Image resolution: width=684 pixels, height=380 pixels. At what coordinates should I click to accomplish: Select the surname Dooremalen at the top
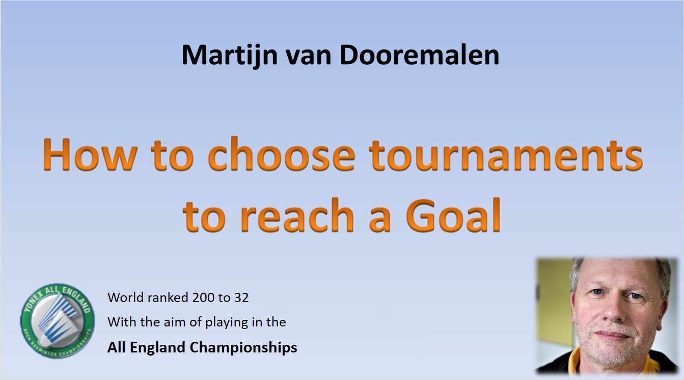pyautogui.click(x=419, y=55)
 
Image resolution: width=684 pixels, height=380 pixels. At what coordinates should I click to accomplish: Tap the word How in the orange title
pyautogui.click(x=90, y=155)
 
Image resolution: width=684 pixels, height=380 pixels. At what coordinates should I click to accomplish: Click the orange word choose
pyautogui.click(x=281, y=154)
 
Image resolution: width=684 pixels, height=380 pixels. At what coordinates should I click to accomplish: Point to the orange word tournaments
pyautogui.click(x=506, y=155)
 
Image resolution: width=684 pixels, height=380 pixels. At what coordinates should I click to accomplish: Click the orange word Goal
pyautogui.click(x=453, y=215)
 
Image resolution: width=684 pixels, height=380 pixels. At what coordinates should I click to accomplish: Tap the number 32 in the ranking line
pyautogui.click(x=241, y=297)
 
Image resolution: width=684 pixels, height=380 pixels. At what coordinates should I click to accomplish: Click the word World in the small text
pyautogui.click(x=125, y=297)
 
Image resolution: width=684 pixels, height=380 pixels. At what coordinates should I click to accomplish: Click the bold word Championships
pyautogui.click(x=243, y=348)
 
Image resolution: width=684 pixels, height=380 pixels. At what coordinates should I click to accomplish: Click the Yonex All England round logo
pyautogui.click(x=58, y=321)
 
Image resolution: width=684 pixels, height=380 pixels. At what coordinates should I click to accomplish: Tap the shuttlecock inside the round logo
pyautogui.click(x=58, y=321)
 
